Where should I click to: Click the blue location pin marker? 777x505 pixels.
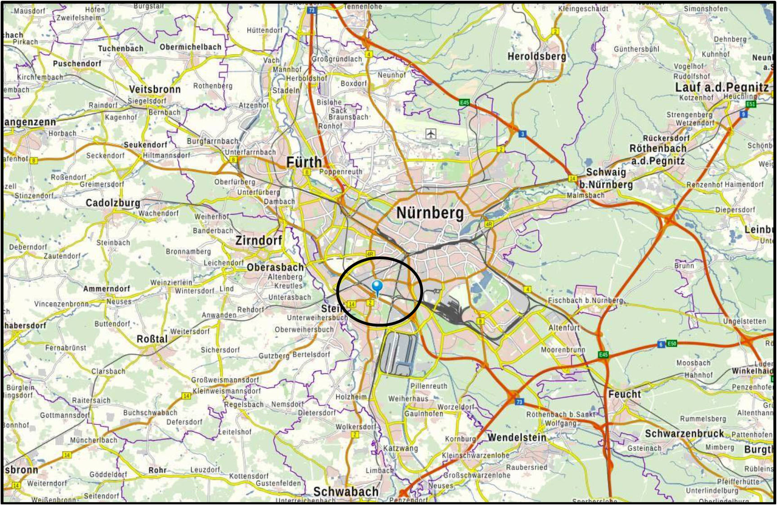377,286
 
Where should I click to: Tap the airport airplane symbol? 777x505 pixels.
431,134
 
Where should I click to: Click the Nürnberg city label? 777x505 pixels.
429,213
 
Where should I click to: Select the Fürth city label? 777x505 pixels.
304,162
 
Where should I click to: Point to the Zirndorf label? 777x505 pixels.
259,240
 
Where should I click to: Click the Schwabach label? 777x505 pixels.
345,491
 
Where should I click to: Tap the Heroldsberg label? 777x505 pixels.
536,56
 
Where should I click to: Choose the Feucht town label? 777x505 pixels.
624,394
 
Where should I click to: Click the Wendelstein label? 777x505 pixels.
517,437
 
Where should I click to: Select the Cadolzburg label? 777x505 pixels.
113,203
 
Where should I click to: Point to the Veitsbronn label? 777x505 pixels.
155,89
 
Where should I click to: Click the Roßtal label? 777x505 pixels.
152,339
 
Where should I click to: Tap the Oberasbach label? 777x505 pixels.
275,267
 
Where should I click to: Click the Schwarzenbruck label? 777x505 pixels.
684,434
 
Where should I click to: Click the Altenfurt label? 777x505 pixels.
564,328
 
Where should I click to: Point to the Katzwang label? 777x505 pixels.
400,448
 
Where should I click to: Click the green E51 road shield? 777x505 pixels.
750,104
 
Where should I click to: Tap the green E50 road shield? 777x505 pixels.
671,343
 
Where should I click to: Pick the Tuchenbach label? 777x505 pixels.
121,49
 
